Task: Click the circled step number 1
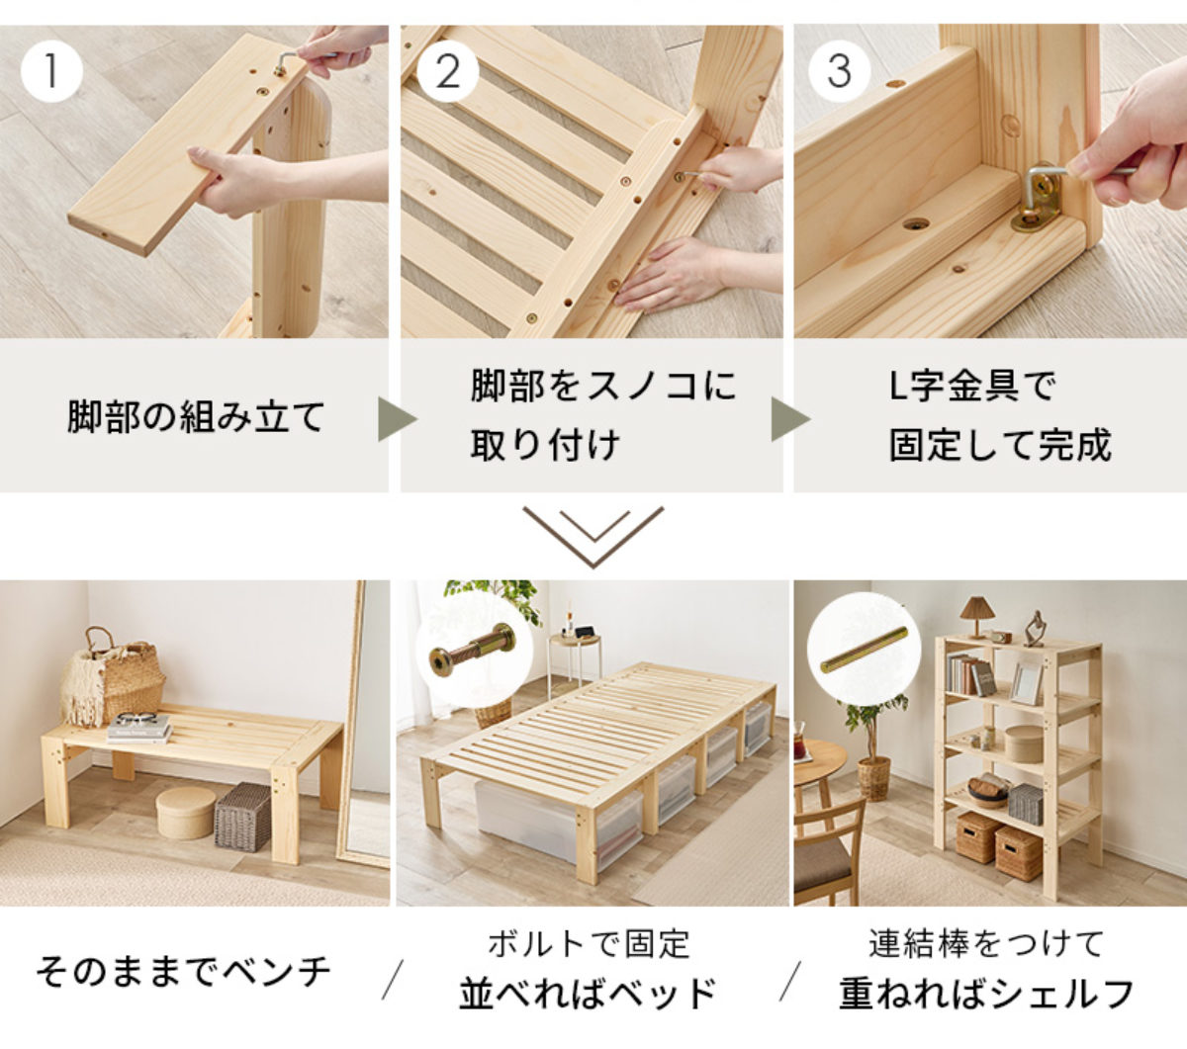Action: tap(51, 71)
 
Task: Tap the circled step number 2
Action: tap(448, 71)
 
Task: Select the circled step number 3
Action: tap(839, 71)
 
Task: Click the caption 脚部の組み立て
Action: tap(196, 417)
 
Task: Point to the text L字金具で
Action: tap(972, 387)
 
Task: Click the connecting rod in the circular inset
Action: tap(865, 649)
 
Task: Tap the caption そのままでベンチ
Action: tap(183, 972)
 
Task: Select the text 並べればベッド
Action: tap(588, 994)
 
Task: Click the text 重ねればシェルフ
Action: tap(986, 994)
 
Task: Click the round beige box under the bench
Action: tap(186, 813)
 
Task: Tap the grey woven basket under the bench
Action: tap(242, 817)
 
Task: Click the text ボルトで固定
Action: tap(589, 944)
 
